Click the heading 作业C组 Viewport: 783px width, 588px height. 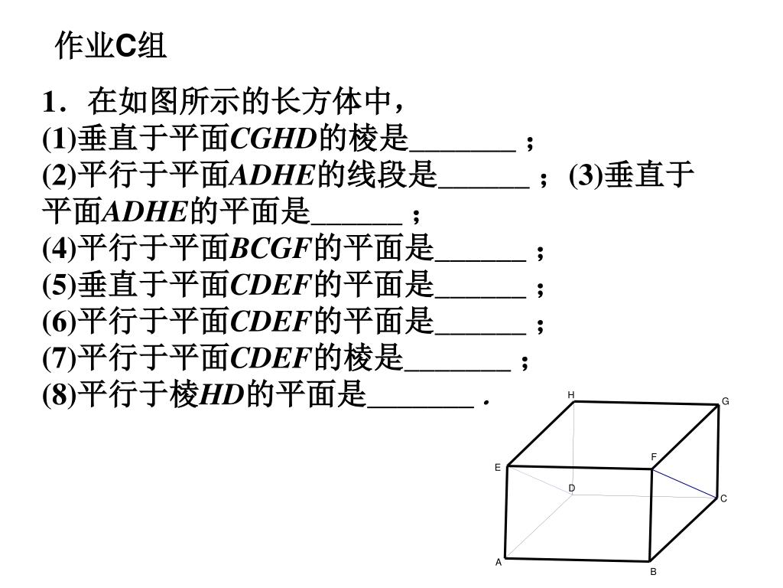click(112, 47)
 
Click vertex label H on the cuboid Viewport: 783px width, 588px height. click(570, 395)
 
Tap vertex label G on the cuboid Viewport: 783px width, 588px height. click(726, 402)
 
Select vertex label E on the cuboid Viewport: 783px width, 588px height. click(497, 467)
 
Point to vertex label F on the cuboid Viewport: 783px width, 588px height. click(654, 457)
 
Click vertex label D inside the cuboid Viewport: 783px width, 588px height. click(571, 488)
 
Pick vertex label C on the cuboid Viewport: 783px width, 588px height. click(723, 499)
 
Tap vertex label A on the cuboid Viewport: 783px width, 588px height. click(499, 562)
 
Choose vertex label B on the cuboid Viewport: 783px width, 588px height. click(654, 572)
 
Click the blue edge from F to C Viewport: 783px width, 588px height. click(684, 483)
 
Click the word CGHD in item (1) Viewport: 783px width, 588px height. click(273, 139)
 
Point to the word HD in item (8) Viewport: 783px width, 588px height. click(221, 397)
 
